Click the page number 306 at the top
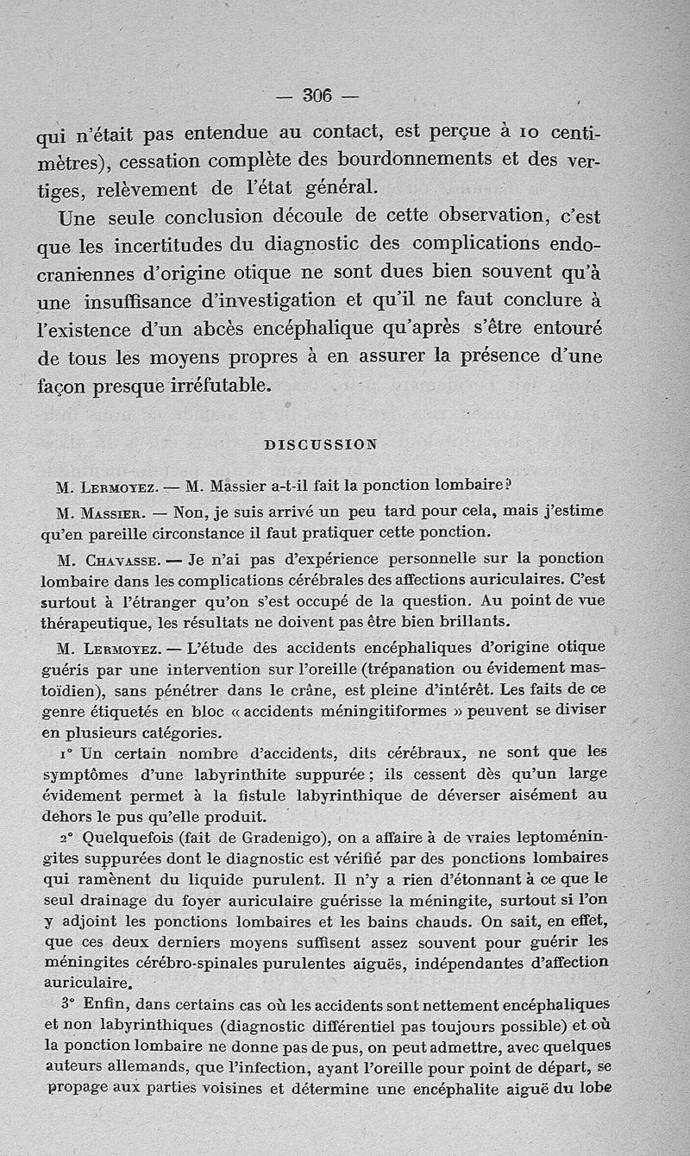pyautogui.click(x=317, y=96)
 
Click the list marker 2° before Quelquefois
pyautogui.click(x=67, y=836)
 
